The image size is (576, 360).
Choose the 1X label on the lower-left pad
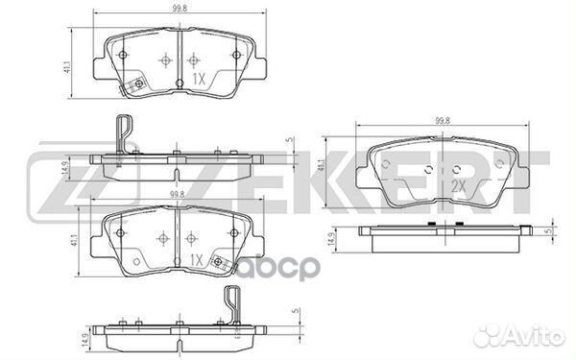coord(196,259)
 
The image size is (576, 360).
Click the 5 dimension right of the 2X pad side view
coord(546,230)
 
